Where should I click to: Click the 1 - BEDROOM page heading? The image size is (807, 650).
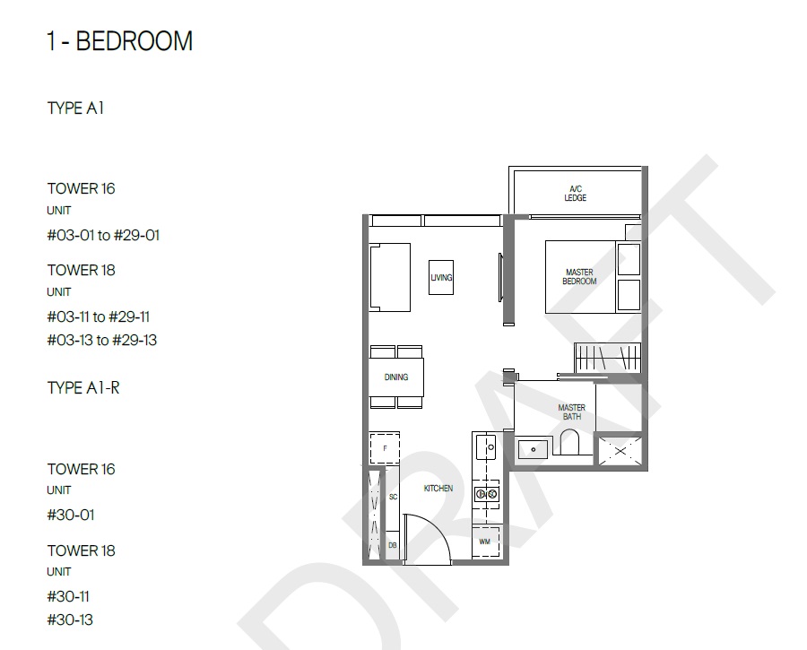tap(119, 41)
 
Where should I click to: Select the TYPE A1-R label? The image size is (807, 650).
tap(83, 387)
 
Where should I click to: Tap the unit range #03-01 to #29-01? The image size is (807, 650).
tap(103, 235)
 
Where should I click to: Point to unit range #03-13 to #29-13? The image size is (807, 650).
tap(102, 340)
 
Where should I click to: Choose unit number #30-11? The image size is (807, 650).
tap(68, 596)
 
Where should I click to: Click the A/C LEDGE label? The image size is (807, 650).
tap(576, 194)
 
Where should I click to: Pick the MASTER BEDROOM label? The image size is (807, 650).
tap(579, 277)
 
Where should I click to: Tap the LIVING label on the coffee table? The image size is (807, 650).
tap(441, 277)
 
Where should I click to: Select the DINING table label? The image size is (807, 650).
tap(396, 377)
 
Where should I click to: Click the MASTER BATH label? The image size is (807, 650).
tap(571, 412)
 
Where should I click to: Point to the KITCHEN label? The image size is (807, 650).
tap(438, 489)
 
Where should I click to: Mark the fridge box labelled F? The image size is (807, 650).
tap(385, 448)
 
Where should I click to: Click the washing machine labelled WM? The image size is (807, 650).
tap(485, 542)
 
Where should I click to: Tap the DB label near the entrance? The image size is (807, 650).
tap(392, 545)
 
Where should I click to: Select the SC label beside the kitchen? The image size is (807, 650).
tap(394, 498)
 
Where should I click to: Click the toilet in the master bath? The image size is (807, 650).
tap(569, 442)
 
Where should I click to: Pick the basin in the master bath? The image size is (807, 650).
tap(533, 449)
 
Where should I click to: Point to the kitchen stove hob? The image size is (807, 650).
tap(486, 494)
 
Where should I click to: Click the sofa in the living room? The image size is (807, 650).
tap(390, 277)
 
